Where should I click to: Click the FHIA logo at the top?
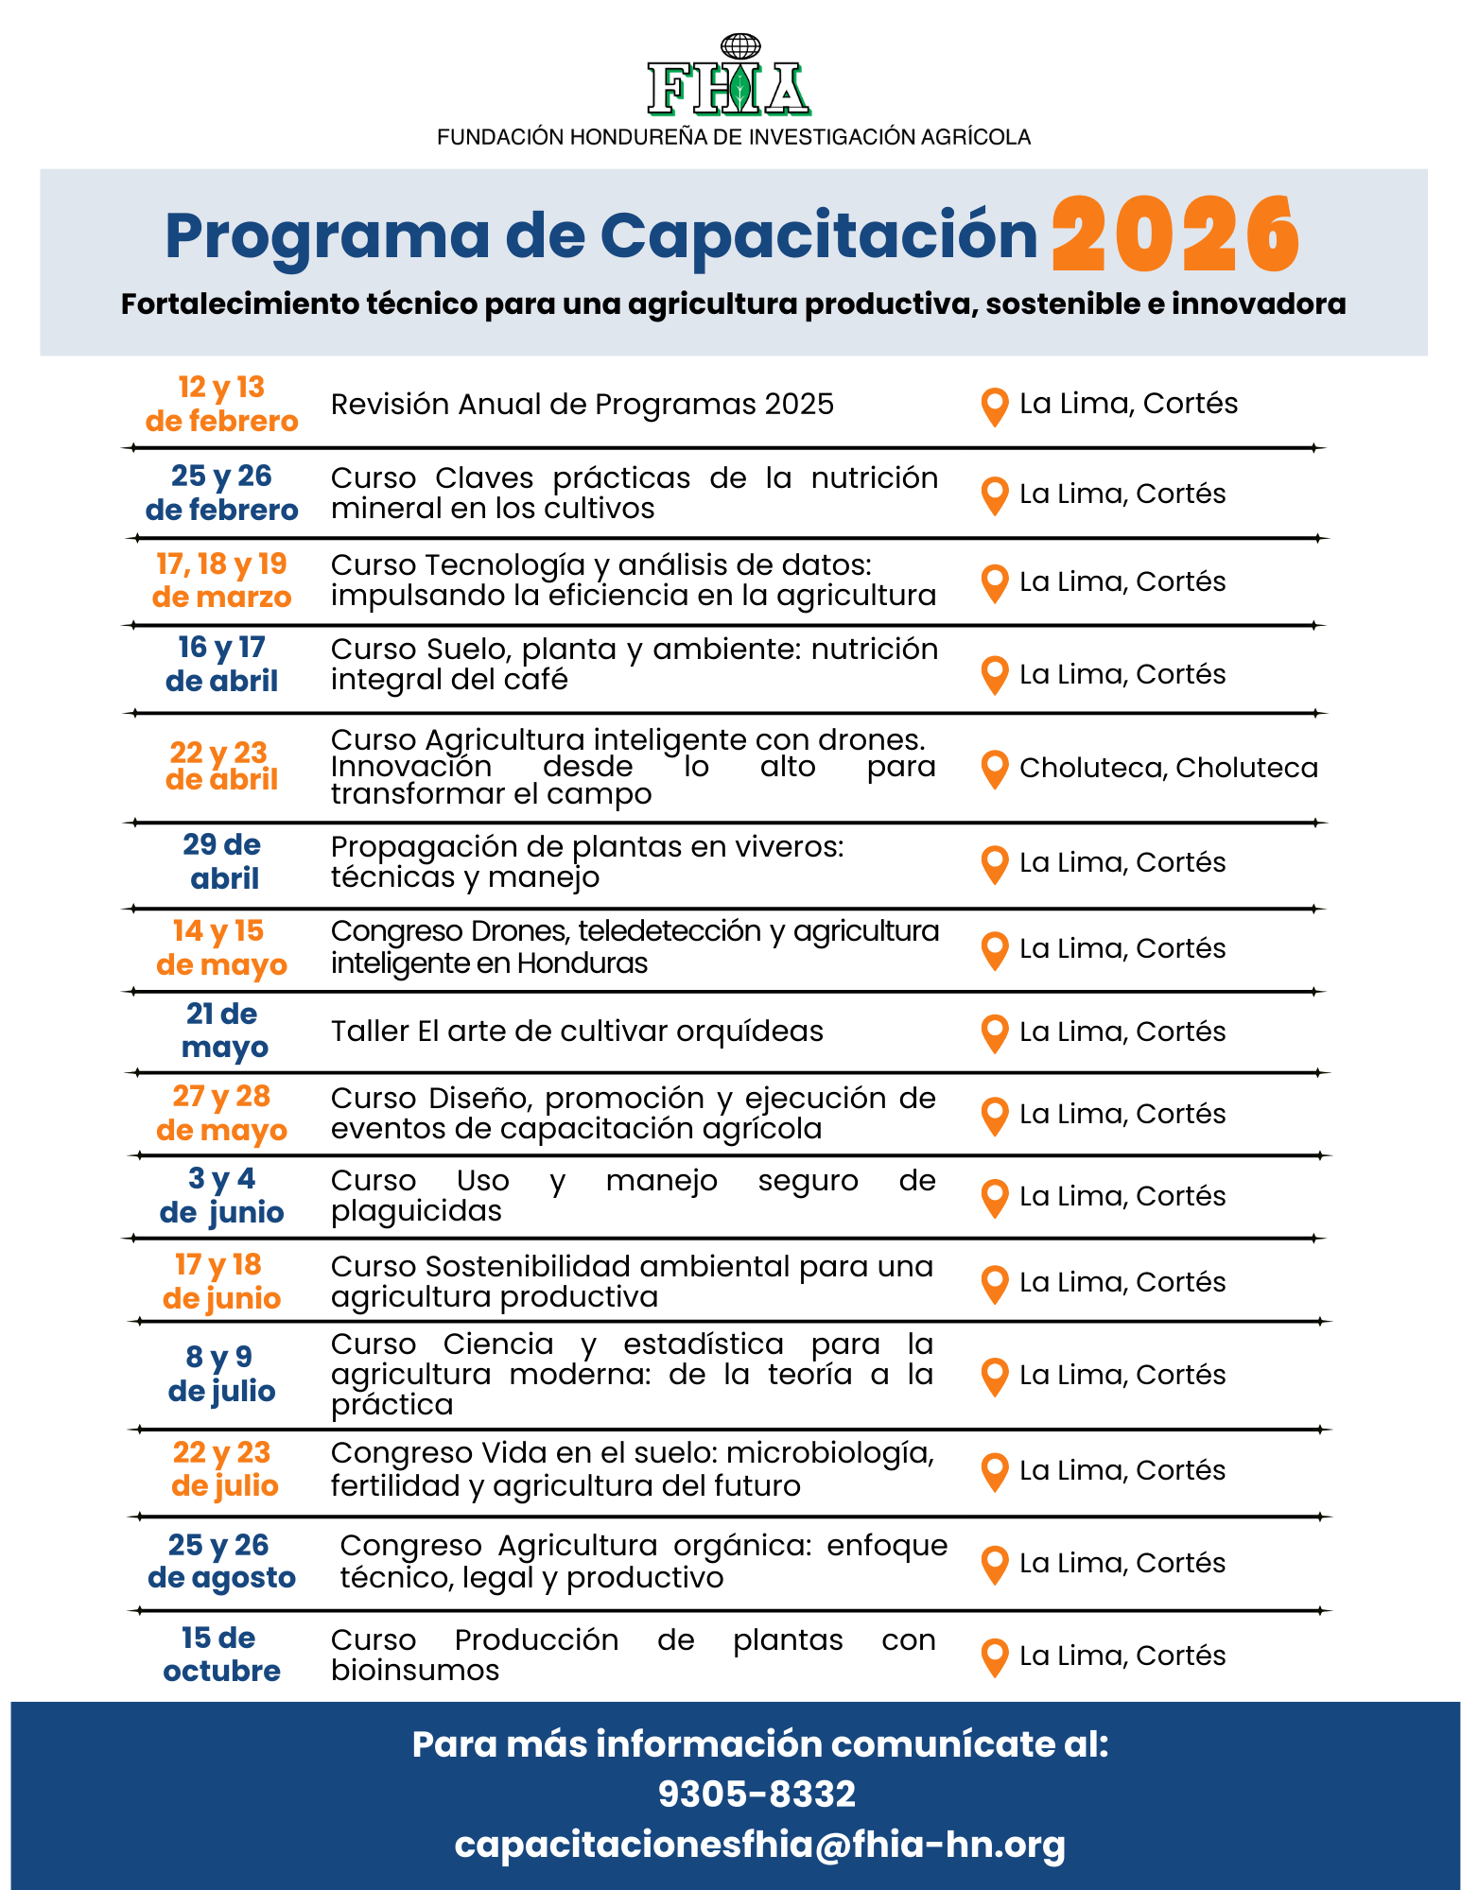click(x=729, y=78)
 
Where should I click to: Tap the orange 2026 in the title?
click(x=1175, y=235)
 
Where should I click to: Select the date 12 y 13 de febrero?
click(x=222, y=404)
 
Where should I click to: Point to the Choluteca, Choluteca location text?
click(x=1168, y=768)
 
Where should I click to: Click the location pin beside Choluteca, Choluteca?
click(x=994, y=769)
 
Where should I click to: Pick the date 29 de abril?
click(x=222, y=861)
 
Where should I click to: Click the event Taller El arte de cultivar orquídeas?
click(x=577, y=1031)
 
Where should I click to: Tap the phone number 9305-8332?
click(x=757, y=1794)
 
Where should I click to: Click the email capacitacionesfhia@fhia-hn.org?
click(x=759, y=1845)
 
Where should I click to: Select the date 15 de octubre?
click(x=221, y=1654)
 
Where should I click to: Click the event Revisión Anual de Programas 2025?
click(x=582, y=405)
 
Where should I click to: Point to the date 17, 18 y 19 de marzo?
click(x=222, y=581)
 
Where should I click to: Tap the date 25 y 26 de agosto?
click(x=222, y=1561)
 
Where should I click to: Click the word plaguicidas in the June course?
click(x=416, y=1211)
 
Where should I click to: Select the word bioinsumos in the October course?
click(x=414, y=1671)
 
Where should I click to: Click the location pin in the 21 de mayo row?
click(x=994, y=1032)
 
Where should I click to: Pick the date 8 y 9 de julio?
click(x=221, y=1374)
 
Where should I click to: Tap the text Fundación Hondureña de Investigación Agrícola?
click(x=733, y=137)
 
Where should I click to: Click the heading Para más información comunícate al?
click(x=759, y=1743)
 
